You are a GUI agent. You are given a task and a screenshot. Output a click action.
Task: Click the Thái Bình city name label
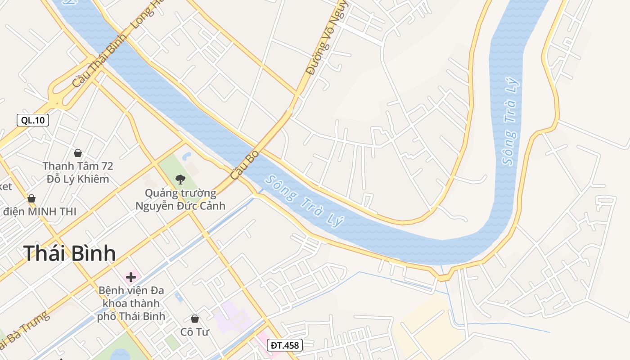(x=69, y=253)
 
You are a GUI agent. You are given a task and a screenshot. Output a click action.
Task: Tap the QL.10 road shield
(x=33, y=120)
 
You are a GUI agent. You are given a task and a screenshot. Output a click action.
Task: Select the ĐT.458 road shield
(x=284, y=345)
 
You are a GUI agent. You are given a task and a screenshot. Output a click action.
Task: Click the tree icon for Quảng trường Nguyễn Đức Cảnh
(x=180, y=180)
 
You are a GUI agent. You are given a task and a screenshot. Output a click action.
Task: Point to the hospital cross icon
(x=131, y=277)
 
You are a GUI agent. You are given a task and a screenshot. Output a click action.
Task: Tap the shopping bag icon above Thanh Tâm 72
(x=78, y=153)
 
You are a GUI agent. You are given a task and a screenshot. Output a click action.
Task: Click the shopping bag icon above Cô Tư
(x=195, y=319)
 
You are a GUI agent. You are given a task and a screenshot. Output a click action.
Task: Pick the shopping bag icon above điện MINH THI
(x=31, y=198)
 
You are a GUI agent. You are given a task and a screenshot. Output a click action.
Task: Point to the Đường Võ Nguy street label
(x=326, y=38)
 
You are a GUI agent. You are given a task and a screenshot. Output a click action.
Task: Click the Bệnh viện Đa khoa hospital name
(x=131, y=303)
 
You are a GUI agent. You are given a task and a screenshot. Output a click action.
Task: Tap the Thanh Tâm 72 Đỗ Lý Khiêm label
(x=78, y=172)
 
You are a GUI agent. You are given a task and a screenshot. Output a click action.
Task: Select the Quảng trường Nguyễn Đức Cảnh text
(x=180, y=199)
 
